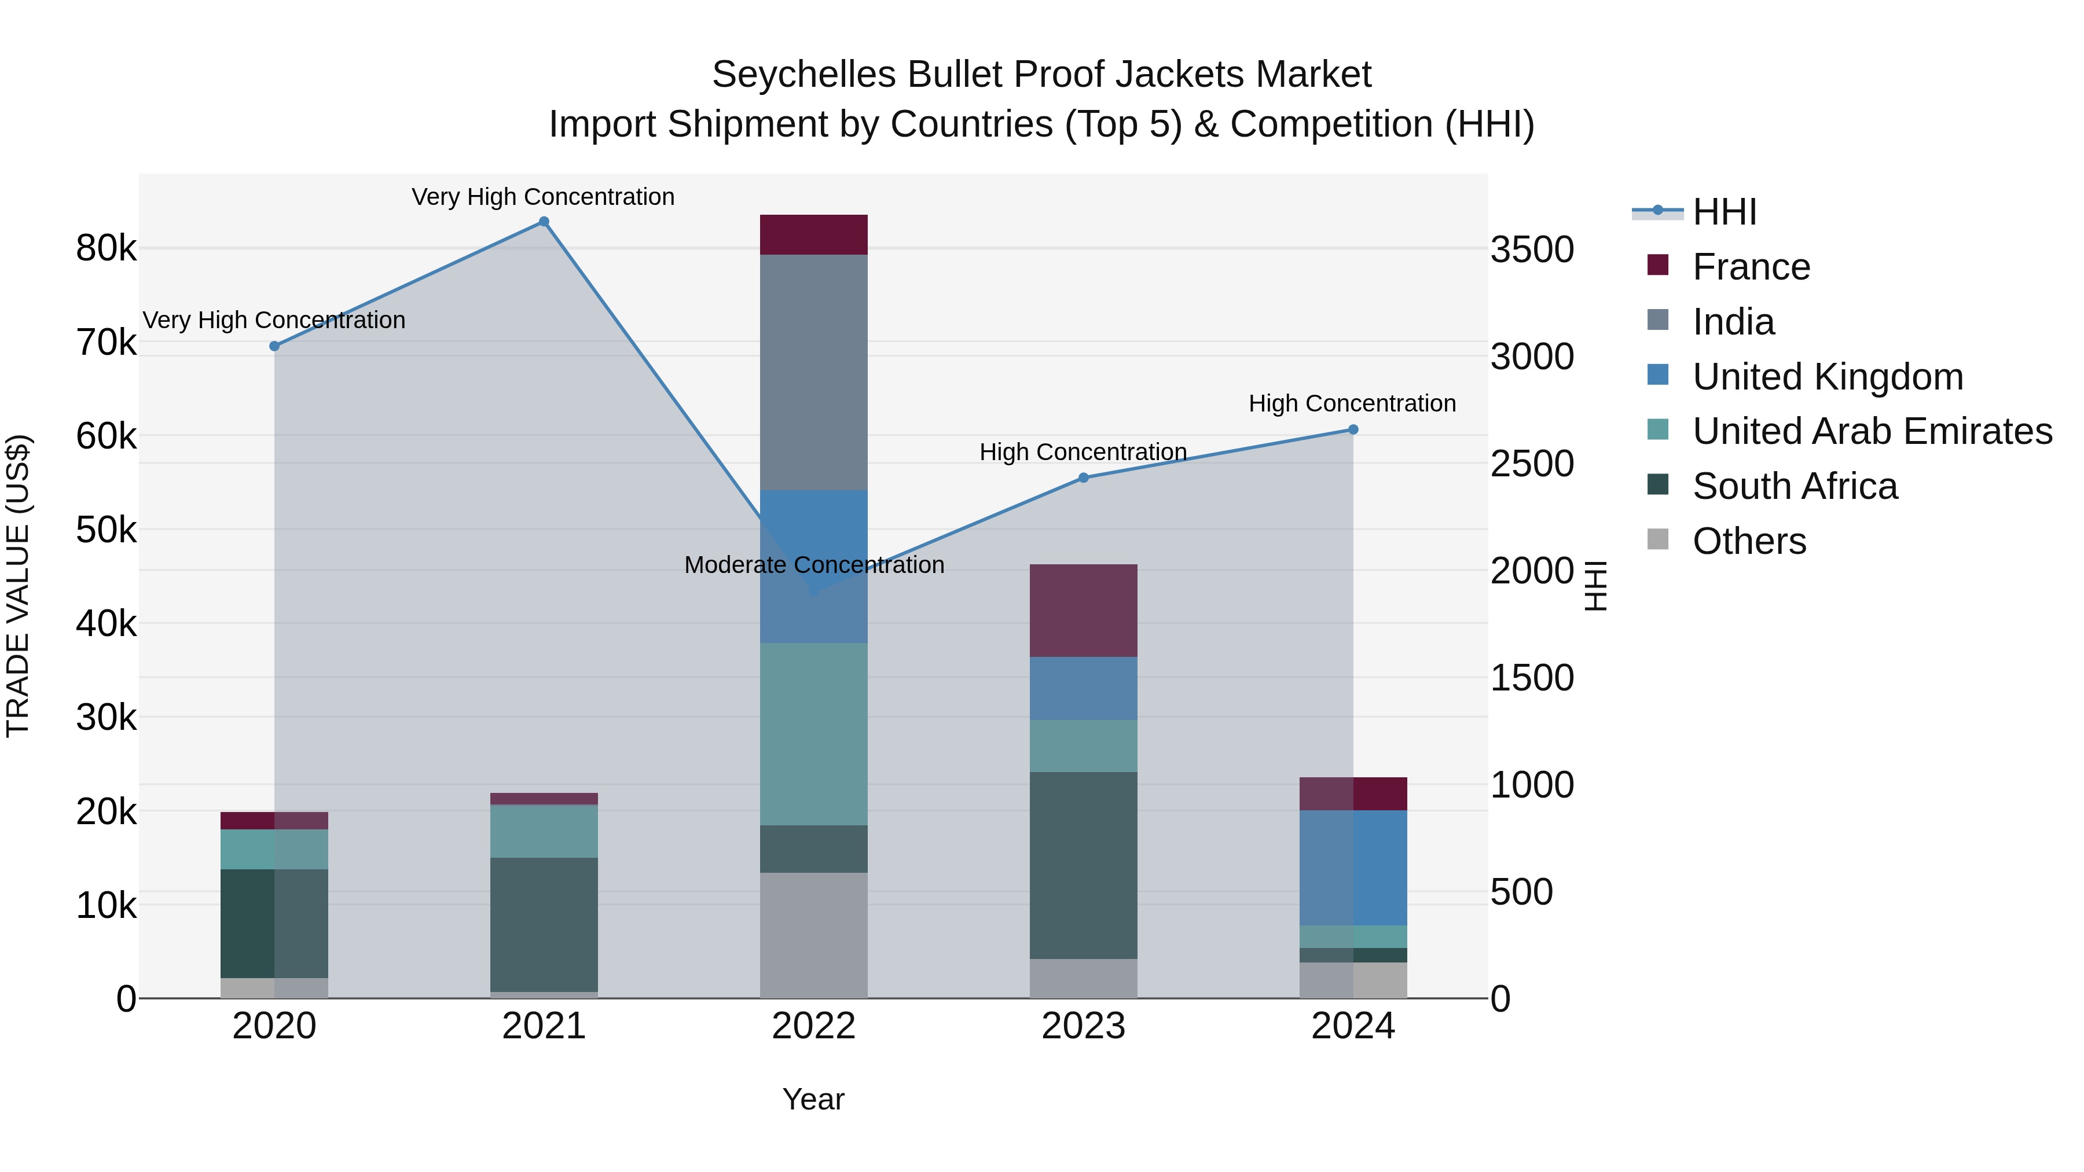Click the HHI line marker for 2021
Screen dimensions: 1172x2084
[x=544, y=222]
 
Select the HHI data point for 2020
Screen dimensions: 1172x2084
[x=274, y=346]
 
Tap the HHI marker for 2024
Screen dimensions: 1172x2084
[x=1353, y=429]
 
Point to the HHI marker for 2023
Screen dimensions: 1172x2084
[x=1083, y=478]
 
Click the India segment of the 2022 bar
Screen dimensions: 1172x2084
[x=813, y=372]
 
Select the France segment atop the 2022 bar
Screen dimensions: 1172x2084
[x=813, y=234]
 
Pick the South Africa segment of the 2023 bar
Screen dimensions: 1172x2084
[x=1083, y=865]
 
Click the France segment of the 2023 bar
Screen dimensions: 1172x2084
[x=1083, y=611]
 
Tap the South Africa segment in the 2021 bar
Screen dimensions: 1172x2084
[x=544, y=924]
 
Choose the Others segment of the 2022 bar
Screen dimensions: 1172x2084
[x=813, y=935]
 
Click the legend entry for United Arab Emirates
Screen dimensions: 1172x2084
[x=1872, y=431]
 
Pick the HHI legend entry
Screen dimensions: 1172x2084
[x=1724, y=212]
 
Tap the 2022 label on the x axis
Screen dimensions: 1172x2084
[x=813, y=1026]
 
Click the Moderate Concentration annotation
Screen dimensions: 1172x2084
[x=814, y=564]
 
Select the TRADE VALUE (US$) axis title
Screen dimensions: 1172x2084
[x=18, y=586]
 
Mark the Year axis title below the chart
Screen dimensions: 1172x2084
[x=813, y=1099]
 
